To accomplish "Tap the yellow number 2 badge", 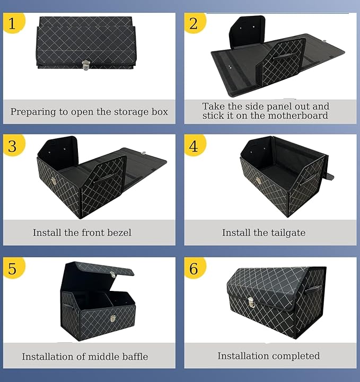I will [x=194, y=23].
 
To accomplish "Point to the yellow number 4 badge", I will [x=194, y=145].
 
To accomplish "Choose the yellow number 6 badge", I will [x=194, y=268].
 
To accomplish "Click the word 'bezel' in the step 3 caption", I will [x=119, y=233].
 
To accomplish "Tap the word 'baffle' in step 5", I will [x=134, y=357].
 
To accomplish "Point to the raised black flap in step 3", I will [x=58, y=148].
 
